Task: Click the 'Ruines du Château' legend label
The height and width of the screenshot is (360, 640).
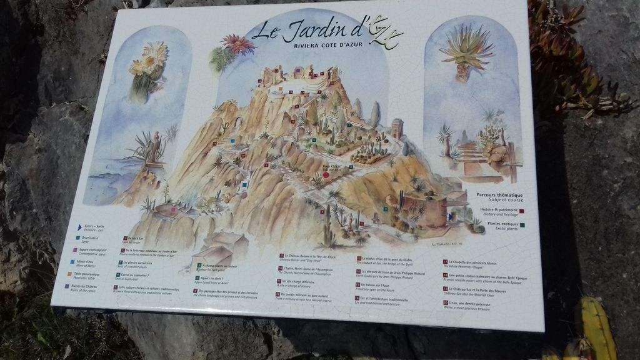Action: [x=87, y=286]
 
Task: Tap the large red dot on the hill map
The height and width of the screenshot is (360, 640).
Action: [x=326, y=175]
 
